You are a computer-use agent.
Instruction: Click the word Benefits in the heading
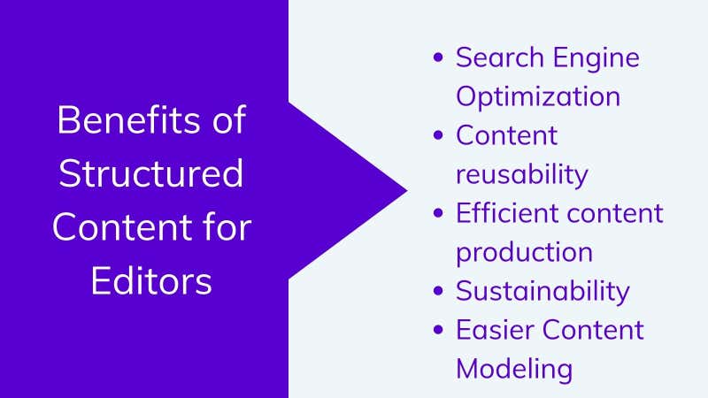(128, 119)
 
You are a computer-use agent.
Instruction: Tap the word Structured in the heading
(150, 173)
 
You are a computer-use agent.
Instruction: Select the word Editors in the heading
(151, 280)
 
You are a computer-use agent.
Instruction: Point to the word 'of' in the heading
(229, 119)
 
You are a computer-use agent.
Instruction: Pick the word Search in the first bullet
(500, 57)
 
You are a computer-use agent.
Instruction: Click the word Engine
(596, 58)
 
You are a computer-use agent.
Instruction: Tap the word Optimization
(538, 97)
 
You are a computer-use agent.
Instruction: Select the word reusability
(522, 174)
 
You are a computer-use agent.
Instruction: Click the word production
(524, 253)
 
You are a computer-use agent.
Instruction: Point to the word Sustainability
(543, 291)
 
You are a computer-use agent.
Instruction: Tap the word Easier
(495, 330)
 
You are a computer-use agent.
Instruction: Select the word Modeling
(514, 369)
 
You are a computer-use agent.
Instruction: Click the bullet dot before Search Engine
(438, 57)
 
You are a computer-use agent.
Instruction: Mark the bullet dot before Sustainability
(438, 291)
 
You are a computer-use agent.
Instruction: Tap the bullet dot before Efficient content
(438, 213)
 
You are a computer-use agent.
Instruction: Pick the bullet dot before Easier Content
(438, 330)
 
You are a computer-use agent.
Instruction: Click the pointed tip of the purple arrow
(407, 190)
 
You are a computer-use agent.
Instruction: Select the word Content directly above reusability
(506, 135)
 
